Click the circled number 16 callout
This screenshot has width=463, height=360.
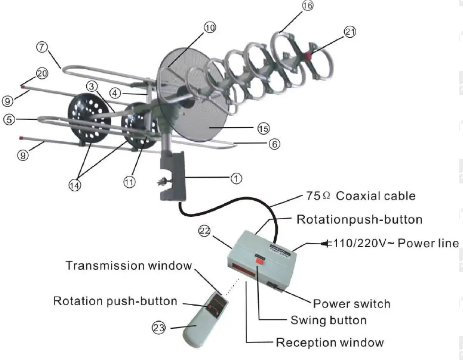307,6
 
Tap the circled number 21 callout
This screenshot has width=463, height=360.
350,32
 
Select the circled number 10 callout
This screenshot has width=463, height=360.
210,28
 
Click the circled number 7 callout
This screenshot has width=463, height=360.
42,47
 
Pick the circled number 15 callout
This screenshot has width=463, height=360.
263,128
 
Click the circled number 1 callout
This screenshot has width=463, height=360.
236,178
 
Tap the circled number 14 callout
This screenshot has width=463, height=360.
75,185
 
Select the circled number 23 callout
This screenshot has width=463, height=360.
159,328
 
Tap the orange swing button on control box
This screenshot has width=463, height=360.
259,261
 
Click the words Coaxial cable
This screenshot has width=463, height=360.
376,196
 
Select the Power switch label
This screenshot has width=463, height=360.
351,303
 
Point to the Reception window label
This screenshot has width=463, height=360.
329,342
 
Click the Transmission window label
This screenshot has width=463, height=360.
128,265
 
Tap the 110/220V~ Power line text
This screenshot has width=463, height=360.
396,243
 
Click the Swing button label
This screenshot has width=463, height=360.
328,320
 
